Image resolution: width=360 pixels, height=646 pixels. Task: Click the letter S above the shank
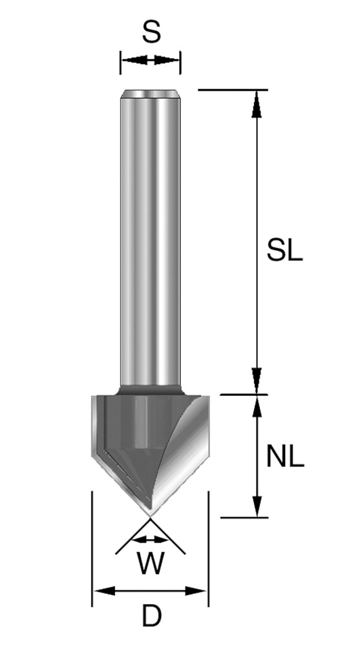coord(151,32)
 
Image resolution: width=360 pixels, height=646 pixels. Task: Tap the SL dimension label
coord(284,250)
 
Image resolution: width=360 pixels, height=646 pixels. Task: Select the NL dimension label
coord(285,457)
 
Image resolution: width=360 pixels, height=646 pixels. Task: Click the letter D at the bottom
coord(151,616)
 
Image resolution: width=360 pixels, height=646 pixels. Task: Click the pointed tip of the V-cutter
coord(150,515)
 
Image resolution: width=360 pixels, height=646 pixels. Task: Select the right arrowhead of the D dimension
coord(195,591)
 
